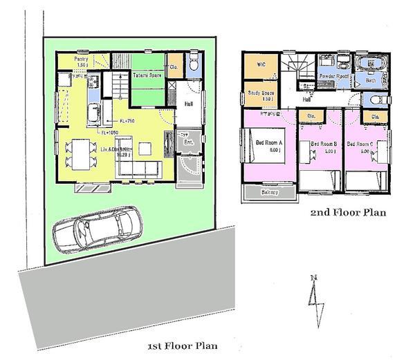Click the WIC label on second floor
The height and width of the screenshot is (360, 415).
click(261, 64)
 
